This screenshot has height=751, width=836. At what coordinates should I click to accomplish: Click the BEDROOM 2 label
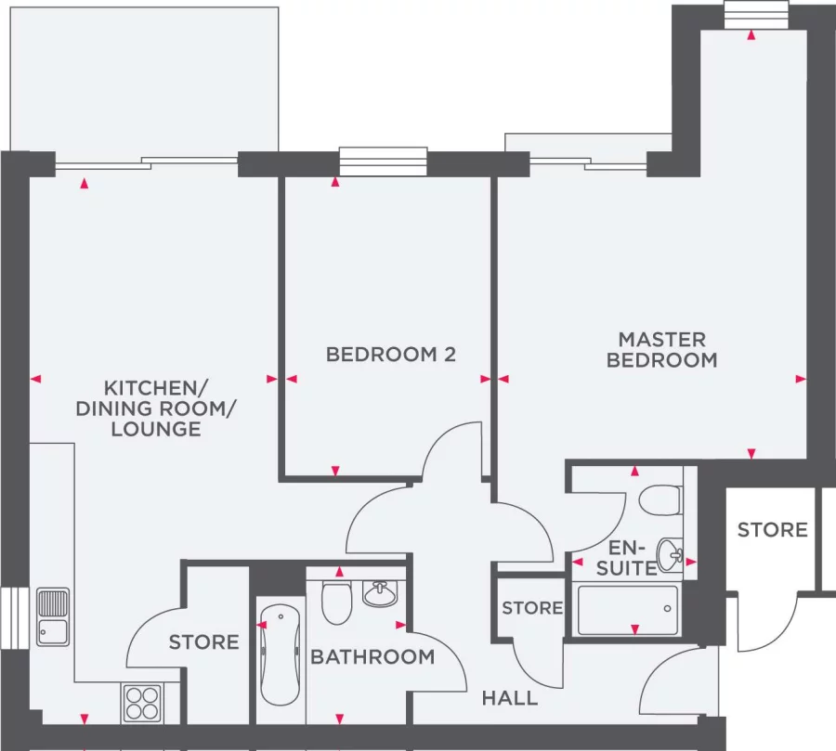point(391,354)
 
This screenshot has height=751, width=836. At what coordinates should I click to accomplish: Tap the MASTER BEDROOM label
point(661,350)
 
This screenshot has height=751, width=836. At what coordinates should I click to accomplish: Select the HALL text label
point(510,697)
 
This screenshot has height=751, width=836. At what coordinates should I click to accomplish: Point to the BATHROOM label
point(372,657)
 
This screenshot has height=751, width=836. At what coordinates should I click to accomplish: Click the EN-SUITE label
point(626,556)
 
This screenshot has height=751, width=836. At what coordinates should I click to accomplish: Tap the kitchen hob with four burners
point(142,702)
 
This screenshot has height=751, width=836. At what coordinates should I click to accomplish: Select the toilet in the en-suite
point(662,499)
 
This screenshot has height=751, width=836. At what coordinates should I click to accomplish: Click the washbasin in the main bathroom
point(380,593)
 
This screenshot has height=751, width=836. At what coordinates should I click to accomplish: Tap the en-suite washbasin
point(670,554)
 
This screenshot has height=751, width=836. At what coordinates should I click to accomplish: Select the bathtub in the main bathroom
point(280,654)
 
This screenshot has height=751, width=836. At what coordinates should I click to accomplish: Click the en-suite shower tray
point(628,609)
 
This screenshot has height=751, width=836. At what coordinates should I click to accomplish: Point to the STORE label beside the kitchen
point(203,641)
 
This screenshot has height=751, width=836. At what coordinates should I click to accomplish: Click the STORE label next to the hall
point(532,608)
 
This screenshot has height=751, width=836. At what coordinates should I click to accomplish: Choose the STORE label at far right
point(772,529)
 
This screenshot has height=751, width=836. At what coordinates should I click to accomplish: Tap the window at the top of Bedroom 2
point(383,162)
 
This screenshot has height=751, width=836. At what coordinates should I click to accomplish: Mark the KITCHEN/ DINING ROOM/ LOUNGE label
point(155,408)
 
